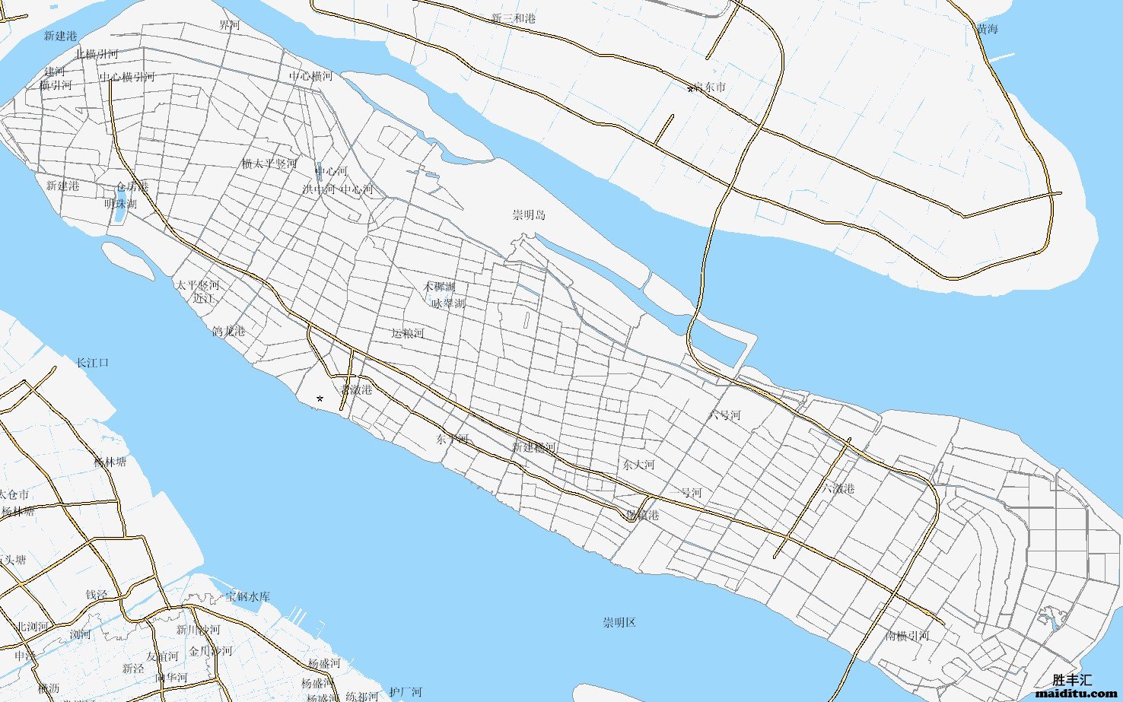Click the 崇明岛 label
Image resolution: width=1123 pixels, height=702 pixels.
coord(529,215)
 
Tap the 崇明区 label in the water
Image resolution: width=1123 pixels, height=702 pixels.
coord(619,623)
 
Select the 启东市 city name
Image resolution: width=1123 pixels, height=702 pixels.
coord(710,87)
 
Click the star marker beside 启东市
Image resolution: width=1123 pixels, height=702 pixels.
coord(690,90)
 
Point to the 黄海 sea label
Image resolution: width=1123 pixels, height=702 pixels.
coord(987,30)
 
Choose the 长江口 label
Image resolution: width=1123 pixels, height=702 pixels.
coord(92,363)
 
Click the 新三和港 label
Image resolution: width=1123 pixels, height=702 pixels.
coord(513,18)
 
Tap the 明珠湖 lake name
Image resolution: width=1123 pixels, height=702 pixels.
coord(120,204)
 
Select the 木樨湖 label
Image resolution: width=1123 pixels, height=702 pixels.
coord(439,287)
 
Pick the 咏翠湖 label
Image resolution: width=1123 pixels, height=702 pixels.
coord(448,303)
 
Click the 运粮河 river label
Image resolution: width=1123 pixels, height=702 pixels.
coord(407,333)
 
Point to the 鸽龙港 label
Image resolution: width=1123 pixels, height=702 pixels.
coord(228,331)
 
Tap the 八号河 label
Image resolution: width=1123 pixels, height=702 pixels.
coord(724,415)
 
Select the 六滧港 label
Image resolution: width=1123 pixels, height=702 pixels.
coord(838,488)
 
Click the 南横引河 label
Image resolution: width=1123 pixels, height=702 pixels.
coord(907,636)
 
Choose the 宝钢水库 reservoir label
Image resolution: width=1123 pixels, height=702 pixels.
coord(247,596)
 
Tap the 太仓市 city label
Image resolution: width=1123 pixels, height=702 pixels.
coord(14,495)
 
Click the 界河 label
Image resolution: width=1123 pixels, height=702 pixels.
coord(229,25)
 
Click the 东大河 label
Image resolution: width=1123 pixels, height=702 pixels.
coord(638,465)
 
